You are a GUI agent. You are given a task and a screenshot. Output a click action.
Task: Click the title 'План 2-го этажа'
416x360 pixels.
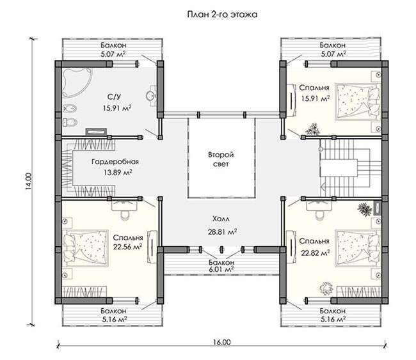(222, 14)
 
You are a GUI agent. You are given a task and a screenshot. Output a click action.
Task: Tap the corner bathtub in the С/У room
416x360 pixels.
(76, 82)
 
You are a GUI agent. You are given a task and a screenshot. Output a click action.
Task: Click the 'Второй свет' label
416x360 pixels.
(221, 159)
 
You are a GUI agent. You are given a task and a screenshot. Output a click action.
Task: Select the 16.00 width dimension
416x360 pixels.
(221, 342)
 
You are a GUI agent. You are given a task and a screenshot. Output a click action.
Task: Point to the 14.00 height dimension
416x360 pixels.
(28, 182)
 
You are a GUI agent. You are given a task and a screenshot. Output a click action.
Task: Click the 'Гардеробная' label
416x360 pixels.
(115, 161)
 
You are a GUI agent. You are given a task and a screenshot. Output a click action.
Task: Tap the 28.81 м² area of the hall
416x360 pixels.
(222, 232)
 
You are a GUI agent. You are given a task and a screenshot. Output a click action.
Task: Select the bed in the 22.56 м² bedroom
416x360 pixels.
(86, 248)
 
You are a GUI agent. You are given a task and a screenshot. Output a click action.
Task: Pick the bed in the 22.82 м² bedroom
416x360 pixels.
(358, 248)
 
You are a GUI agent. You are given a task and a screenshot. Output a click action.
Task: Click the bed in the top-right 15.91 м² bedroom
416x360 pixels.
(358, 102)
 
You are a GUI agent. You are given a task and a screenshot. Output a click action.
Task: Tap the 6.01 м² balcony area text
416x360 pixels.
(221, 269)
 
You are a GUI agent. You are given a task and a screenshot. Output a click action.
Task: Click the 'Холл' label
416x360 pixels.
(221, 219)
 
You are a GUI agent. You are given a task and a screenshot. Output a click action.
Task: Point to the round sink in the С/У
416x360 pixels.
(151, 96)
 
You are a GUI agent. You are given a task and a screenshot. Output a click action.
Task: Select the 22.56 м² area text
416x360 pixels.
(127, 247)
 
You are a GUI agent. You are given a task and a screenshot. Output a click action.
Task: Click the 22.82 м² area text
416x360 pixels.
(316, 253)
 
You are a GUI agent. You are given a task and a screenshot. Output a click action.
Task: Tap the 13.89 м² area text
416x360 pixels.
(118, 173)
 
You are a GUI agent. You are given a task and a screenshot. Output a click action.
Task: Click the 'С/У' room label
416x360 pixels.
(115, 97)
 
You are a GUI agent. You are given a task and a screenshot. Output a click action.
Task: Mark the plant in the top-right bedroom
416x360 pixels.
(314, 129)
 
